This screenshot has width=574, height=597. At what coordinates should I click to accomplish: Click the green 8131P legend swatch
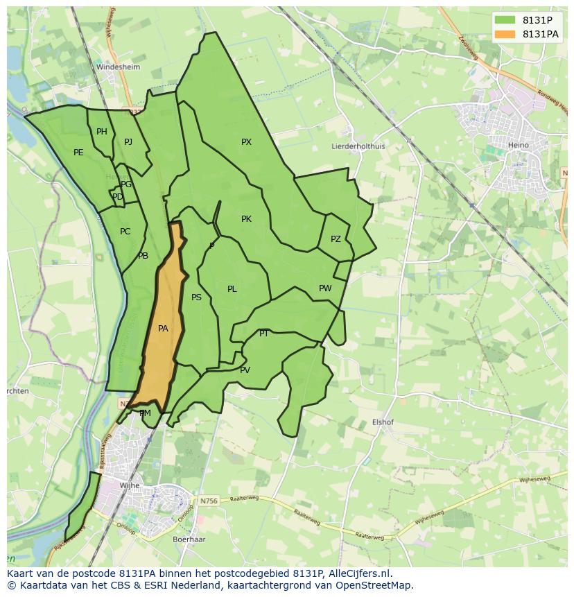(x=505, y=20)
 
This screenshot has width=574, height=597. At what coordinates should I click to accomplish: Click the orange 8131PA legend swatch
(x=505, y=34)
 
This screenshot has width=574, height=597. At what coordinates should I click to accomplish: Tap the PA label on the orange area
(x=163, y=329)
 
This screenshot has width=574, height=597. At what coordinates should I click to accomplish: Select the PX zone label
(x=246, y=142)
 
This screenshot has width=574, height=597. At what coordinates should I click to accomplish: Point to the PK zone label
(x=246, y=219)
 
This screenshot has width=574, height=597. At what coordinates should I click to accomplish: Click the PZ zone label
(x=336, y=239)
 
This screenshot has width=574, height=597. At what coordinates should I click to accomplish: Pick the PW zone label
(x=325, y=288)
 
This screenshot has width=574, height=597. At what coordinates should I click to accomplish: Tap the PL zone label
(x=232, y=289)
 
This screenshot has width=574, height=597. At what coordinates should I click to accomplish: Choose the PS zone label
(x=196, y=297)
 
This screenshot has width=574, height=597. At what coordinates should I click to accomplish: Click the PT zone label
(x=264, y=334)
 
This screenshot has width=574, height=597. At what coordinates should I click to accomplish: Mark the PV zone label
(x=245, y=370)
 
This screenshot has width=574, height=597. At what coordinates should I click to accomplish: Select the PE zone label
(x=78, y=153)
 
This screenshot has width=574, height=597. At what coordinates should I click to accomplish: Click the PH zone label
(x=102, y=132)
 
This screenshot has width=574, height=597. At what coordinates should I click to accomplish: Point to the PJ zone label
(x=128, y=142)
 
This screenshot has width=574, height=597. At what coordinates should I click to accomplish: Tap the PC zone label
(x=125, y=232)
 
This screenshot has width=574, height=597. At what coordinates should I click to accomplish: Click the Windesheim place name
(x=118, y=67)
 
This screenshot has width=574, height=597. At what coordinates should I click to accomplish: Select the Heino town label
(x=518, y=145)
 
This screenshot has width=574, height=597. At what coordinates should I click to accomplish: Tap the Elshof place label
(x=383, y=422)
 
